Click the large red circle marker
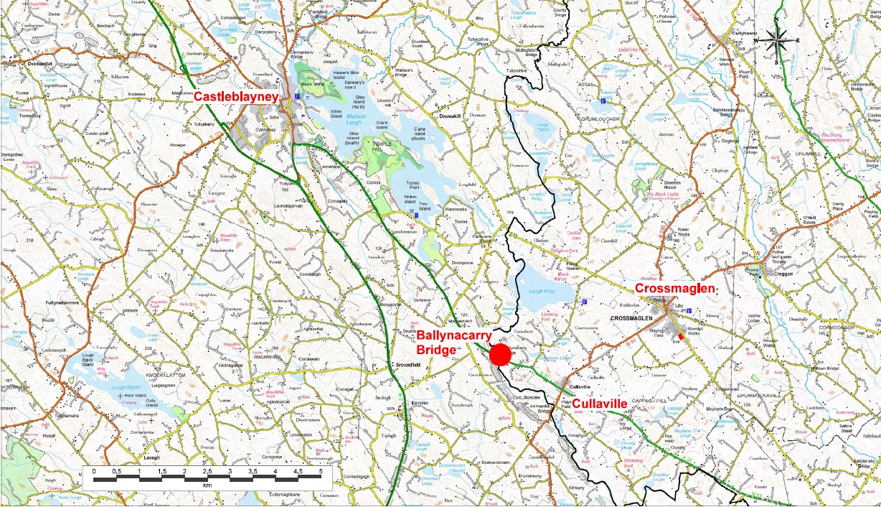pos(500,355)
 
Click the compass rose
pos(777,40)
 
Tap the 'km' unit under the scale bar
pos(207,485)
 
